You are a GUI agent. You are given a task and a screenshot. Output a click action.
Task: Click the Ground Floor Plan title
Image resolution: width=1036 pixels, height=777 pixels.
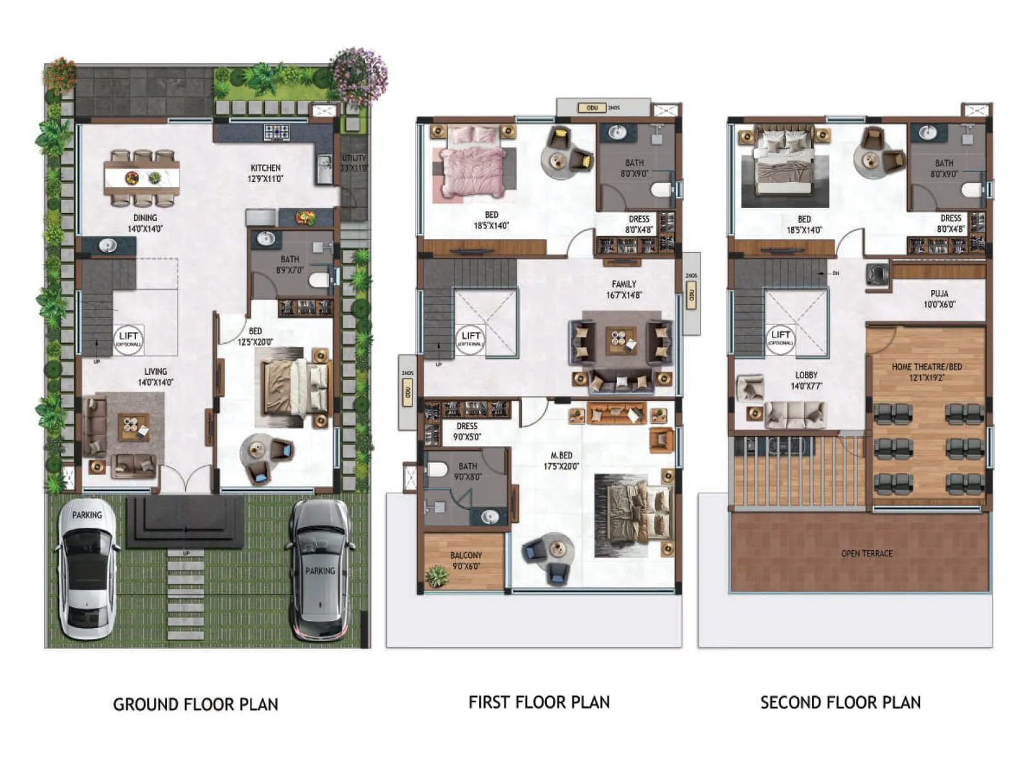pyautogui.click(x=196, y=704)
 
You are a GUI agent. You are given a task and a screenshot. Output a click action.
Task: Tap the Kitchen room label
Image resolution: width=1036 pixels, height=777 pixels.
pyautogui.click(x=265, y=173)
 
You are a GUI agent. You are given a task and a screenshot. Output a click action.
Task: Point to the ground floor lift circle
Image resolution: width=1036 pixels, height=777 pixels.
pyautogui.click(x=128, y=339)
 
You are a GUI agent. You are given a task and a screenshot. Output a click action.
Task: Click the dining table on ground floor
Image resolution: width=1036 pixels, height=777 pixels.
pyautogui.click(x=142, y=178)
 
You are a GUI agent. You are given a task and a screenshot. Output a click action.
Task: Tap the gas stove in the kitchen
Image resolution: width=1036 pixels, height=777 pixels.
pyautogui.click(x=276, y=132)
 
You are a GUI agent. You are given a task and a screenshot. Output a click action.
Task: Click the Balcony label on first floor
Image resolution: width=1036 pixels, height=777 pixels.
pyautogui.click(x=466, y=560)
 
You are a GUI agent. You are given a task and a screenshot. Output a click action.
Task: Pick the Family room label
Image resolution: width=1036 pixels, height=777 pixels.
pyautogui.click(x=624, y=289)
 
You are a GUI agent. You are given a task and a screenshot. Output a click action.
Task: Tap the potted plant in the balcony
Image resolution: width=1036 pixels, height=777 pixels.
pyautogui.click(x=438, y=575)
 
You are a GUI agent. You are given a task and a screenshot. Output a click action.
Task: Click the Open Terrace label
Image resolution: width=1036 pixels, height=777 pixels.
pyautogui.click(x=866, y=554)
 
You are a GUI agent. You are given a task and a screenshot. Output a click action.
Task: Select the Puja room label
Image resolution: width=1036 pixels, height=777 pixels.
pyautogui.click(x=939, y=298)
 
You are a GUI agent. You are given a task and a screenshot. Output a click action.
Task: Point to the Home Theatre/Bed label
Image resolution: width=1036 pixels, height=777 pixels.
pyautogui.click(x=927, y=372)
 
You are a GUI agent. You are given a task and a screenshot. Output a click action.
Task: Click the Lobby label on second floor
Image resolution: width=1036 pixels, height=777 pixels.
pyautogui.click(x=806, y=380)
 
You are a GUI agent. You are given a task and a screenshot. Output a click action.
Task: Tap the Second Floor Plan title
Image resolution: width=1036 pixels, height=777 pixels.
pyautogui.click(x=840, y=703)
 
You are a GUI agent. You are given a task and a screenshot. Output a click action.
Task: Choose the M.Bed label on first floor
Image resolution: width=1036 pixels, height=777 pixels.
pyautogui.click(x=561, y=460)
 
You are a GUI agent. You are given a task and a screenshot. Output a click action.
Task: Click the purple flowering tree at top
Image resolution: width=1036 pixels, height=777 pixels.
pyautogui.click(x=359, y=75)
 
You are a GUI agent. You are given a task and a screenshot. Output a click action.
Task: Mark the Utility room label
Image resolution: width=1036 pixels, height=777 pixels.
pyautogui.click(x=354, y=163)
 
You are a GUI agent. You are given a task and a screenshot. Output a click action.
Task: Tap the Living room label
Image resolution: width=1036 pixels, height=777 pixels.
pyautogui.click(x=155, y=376)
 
